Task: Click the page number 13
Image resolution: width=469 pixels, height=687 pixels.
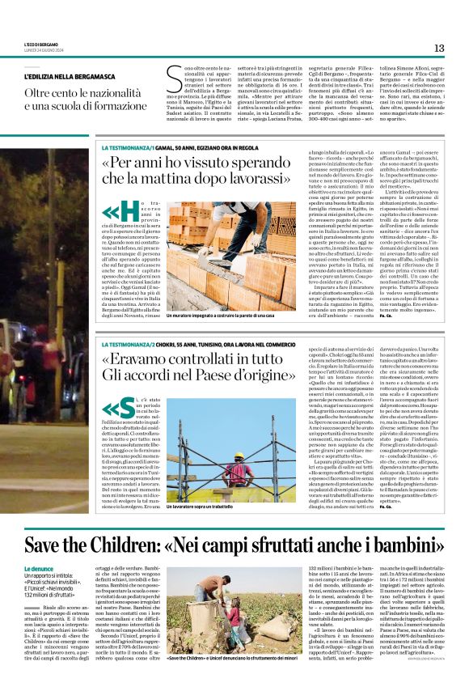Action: click(439, 49)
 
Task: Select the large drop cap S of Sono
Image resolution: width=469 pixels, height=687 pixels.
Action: click(173, 81)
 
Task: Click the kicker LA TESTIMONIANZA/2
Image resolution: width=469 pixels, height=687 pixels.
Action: click(127, 322)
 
